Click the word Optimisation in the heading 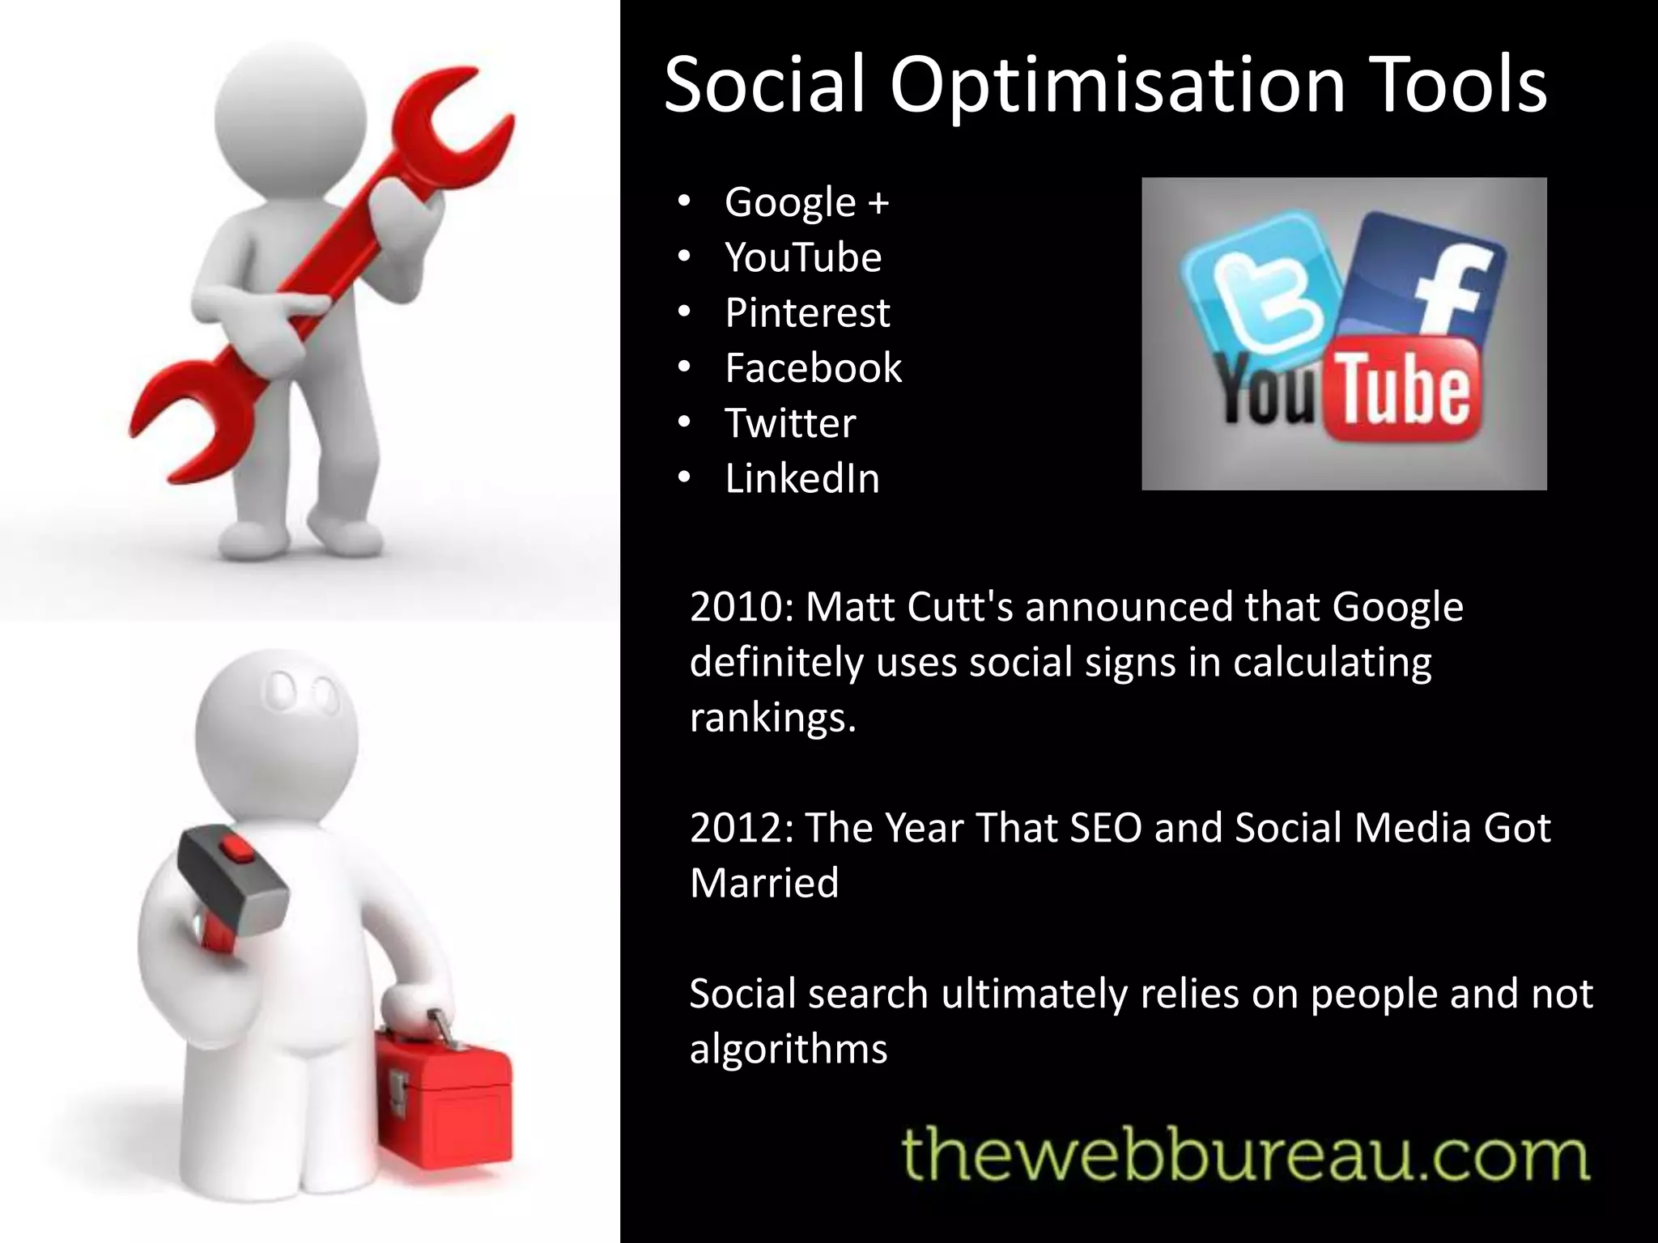(1117, 86)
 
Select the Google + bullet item (806, 202)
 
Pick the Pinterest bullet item (807, 312)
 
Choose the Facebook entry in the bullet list (813, 367)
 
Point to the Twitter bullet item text (790, 422)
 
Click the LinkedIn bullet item (801, 478)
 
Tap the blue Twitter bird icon (1260, 283)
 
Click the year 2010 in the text (737, 607)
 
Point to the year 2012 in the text (737, 828)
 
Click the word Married (764, 883)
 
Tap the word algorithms (789, 1049)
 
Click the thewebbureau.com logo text (1245, 1156)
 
